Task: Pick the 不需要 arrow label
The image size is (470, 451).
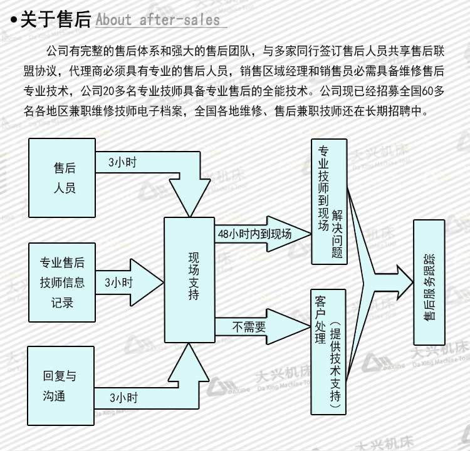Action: click(x=249, y=326)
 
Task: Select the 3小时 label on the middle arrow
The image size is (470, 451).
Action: click(x=118, y=282)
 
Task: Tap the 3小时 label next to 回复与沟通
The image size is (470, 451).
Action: click(x=123, y=397)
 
